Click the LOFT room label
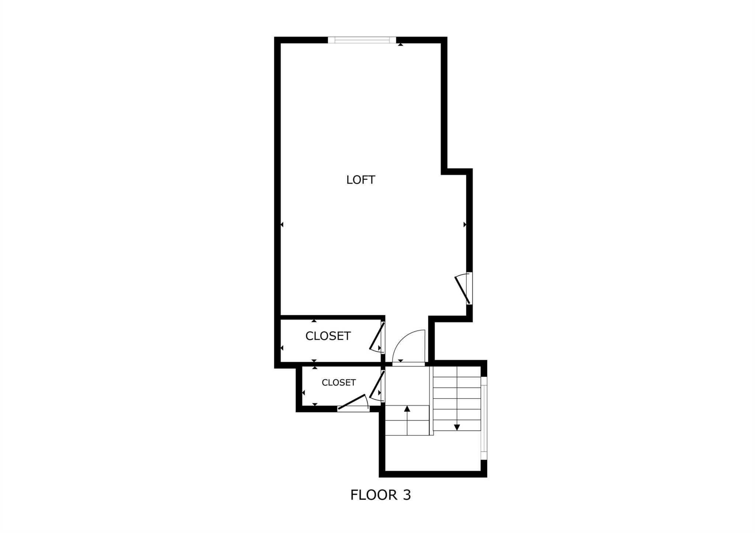361,180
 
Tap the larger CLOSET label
328,336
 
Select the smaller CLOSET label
338,383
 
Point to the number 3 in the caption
406,495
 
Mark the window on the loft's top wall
362,40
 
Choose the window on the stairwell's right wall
484,418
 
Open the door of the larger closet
377,337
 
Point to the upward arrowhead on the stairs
407,408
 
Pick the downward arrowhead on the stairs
457,427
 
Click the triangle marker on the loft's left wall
282,225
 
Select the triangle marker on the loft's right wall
465,225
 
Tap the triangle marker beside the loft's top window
400,45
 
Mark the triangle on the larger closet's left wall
282,348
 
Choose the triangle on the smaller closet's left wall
303,393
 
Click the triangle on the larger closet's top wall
314,321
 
